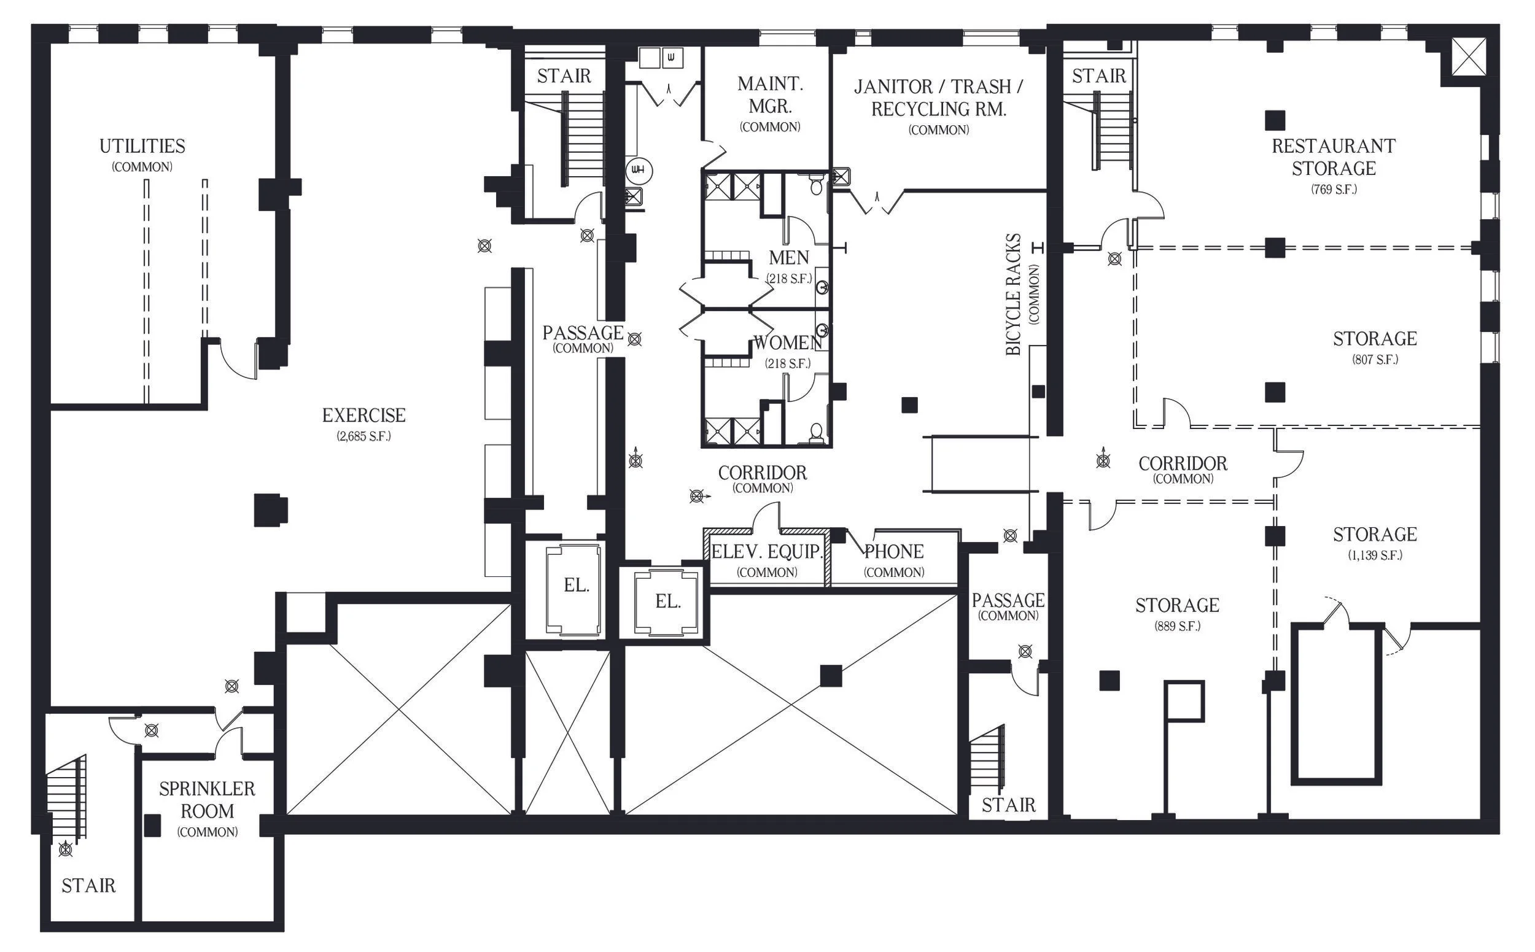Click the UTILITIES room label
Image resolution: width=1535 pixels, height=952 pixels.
coord(142,146)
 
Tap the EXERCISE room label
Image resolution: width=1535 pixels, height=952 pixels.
coord(364,415)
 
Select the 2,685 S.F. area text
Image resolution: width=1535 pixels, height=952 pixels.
coord(364,436)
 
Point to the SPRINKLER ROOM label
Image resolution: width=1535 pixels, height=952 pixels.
coord(208,800)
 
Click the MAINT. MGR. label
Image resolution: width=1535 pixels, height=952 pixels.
coord(770,95)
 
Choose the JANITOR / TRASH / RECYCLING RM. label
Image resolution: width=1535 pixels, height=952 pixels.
coord(939,98)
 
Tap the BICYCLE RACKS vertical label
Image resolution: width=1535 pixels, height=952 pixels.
coord(1013,295)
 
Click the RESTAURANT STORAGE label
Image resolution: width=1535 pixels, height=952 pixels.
coord(1334,157)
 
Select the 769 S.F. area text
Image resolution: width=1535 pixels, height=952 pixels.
coord(1334,189)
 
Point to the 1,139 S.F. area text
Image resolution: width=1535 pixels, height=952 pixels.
coord(1375,555)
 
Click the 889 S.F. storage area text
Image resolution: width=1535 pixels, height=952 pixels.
coord(1177,627)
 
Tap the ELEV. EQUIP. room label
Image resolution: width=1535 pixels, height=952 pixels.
coord(767,552)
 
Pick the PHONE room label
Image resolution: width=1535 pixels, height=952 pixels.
coord(894,552)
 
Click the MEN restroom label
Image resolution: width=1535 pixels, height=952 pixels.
coord(788,258)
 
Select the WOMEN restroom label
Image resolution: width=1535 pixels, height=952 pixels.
coord(787,342)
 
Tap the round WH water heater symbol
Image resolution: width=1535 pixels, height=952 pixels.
coord(639,171)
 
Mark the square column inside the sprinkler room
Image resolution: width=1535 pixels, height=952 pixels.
coord(152,826)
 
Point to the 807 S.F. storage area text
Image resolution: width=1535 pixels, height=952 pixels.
coord(1375,360)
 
